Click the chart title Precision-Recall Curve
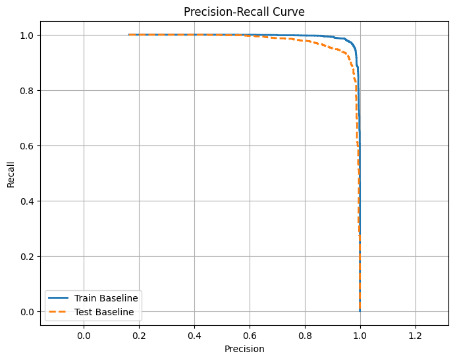point(244,11)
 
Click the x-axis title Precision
point(244,349)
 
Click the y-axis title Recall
point(11,173)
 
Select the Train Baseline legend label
point(106,298)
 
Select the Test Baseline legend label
point(104,312)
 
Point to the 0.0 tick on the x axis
point(84,335)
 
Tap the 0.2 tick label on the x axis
point(139,335)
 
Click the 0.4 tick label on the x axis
point(194,335)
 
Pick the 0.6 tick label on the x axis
point(250,335)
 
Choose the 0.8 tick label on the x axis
point(305,335)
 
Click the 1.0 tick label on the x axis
point(360,335)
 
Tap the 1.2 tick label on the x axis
point(415,335)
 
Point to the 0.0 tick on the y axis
point(28,311)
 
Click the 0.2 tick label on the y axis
point(28,256)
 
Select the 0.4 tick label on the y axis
point(28,201)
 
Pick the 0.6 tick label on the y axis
point(28,145)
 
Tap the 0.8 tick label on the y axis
point(28,90)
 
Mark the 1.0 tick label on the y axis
point(28,35)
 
